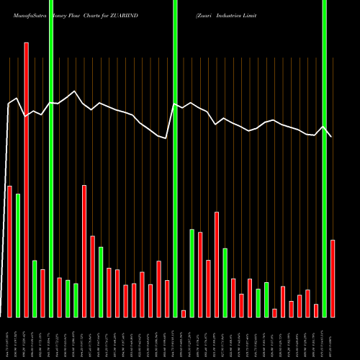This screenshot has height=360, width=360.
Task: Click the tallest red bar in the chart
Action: pos(27,180)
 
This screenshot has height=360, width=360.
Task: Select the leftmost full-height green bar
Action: pos(51,158)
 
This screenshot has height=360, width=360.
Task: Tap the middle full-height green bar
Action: pos(175,158)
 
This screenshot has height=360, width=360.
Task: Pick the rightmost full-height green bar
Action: pos(324,158)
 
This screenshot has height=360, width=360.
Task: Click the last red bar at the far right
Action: pos(333,278)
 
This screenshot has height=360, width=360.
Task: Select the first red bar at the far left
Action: pos(9,251)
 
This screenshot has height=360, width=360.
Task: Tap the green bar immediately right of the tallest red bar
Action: pos(35,288)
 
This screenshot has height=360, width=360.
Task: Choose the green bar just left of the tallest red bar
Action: pos(18,255)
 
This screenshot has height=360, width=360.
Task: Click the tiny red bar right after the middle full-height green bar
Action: pos(184,313)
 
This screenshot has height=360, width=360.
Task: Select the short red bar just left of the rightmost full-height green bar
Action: pos(316,310)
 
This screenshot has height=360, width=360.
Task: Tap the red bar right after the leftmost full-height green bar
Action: pos(60,297)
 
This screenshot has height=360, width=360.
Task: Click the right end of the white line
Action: pos(332,137)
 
